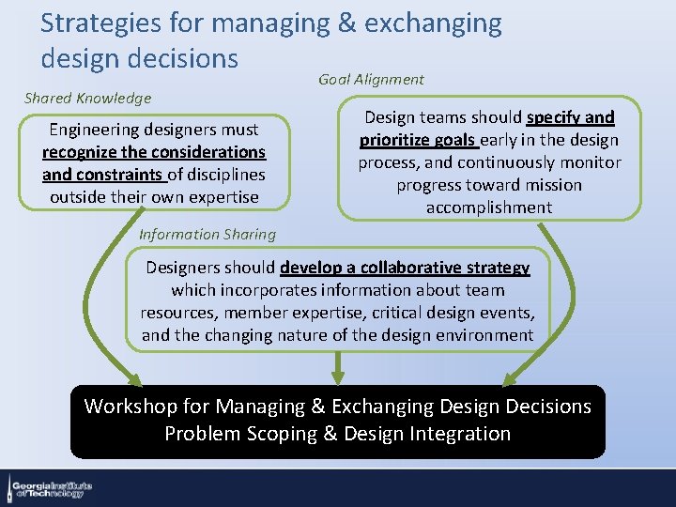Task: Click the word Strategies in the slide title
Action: tap(87, 23)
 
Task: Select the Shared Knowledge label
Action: tap(87, 98)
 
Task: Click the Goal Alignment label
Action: tap(371, 80)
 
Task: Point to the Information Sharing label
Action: tap(207, 235)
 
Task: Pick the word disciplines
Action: tap(225, 175)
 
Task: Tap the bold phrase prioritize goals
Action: tap(418, 140)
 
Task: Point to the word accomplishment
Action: tap(488, 207)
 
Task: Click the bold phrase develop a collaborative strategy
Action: tap(405, 268)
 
